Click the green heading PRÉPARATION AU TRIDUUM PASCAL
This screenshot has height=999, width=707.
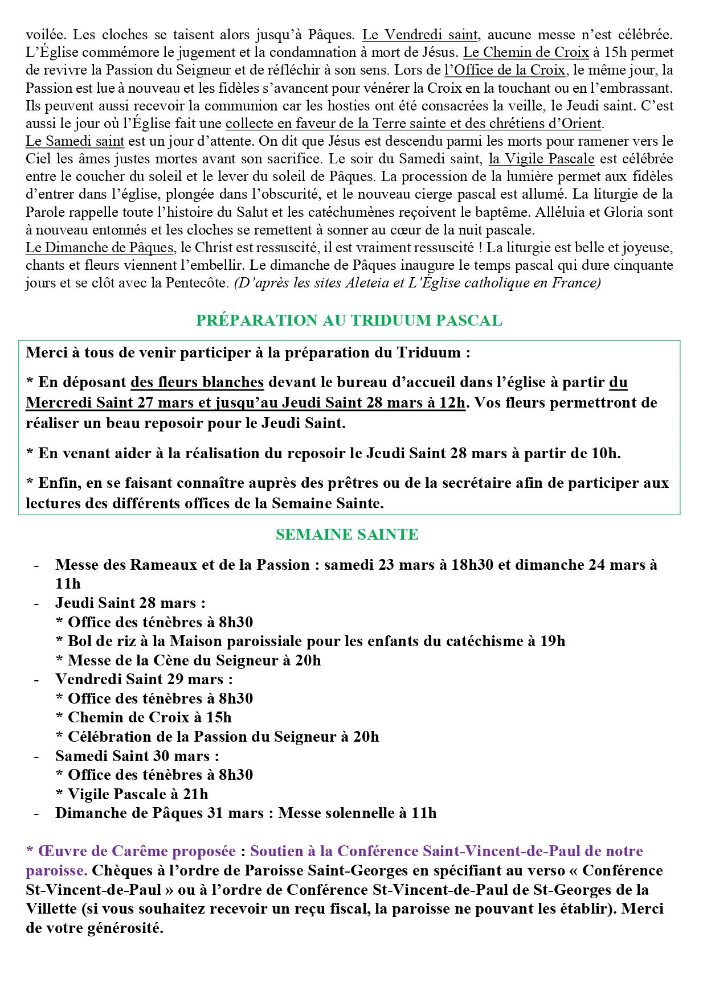[x=349, y=320]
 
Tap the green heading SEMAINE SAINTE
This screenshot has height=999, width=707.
[x=347, y=535]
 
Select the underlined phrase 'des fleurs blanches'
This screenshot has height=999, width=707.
[x=197, y=382]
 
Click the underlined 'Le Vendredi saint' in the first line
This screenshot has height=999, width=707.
[x=420, y=35]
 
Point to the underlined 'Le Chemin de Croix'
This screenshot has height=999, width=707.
[x=526, y=52]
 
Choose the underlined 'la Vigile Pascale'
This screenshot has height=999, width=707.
[x=541, y=159]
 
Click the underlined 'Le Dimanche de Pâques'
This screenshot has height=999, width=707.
[x=100, y=248]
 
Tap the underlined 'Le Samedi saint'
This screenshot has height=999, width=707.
[x=75, y=141]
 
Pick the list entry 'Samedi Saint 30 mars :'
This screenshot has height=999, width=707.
[x=137, y=756]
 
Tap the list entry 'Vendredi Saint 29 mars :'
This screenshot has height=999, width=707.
[x=144, y=679]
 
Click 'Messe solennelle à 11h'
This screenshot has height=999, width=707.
[x=357, y=813]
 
